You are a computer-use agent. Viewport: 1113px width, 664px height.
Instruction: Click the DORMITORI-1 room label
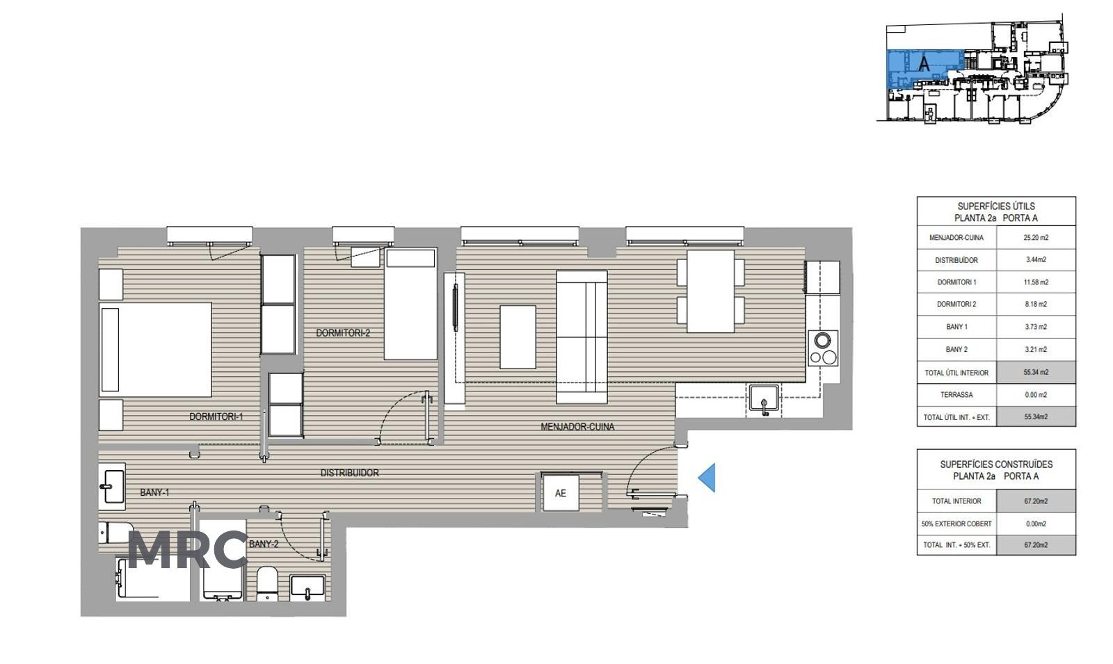216,416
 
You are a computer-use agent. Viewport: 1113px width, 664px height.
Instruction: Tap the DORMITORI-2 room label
343,333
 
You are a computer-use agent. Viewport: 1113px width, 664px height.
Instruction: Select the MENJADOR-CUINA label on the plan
577,427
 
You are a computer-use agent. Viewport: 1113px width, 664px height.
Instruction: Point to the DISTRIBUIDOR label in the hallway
349,473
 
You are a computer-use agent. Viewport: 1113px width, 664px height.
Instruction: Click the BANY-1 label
154,492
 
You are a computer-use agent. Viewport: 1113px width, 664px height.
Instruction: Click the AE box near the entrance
561,493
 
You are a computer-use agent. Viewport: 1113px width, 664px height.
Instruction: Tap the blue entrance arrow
707,478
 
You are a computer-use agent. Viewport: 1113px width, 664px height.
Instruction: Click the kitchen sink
764,400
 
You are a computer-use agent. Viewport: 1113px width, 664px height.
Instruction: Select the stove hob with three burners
823,348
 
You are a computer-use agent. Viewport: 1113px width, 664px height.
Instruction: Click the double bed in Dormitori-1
156,350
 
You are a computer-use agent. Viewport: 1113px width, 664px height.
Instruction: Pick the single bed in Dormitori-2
410,303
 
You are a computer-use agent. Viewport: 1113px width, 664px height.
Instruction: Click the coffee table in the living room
518,337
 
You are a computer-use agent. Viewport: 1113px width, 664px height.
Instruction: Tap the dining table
710,291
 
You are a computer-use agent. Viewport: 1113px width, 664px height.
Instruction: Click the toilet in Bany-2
267,583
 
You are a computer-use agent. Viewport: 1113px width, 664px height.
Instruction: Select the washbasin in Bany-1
112,487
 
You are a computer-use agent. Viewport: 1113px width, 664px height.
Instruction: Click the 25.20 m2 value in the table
1036,237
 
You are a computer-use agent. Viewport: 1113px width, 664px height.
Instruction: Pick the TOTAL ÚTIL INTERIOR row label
956,373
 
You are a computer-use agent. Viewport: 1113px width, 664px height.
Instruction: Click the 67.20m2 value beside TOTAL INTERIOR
1036,501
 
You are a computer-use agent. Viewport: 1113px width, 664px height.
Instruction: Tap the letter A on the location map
924,63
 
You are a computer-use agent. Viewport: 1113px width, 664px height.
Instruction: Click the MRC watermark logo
188,550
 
